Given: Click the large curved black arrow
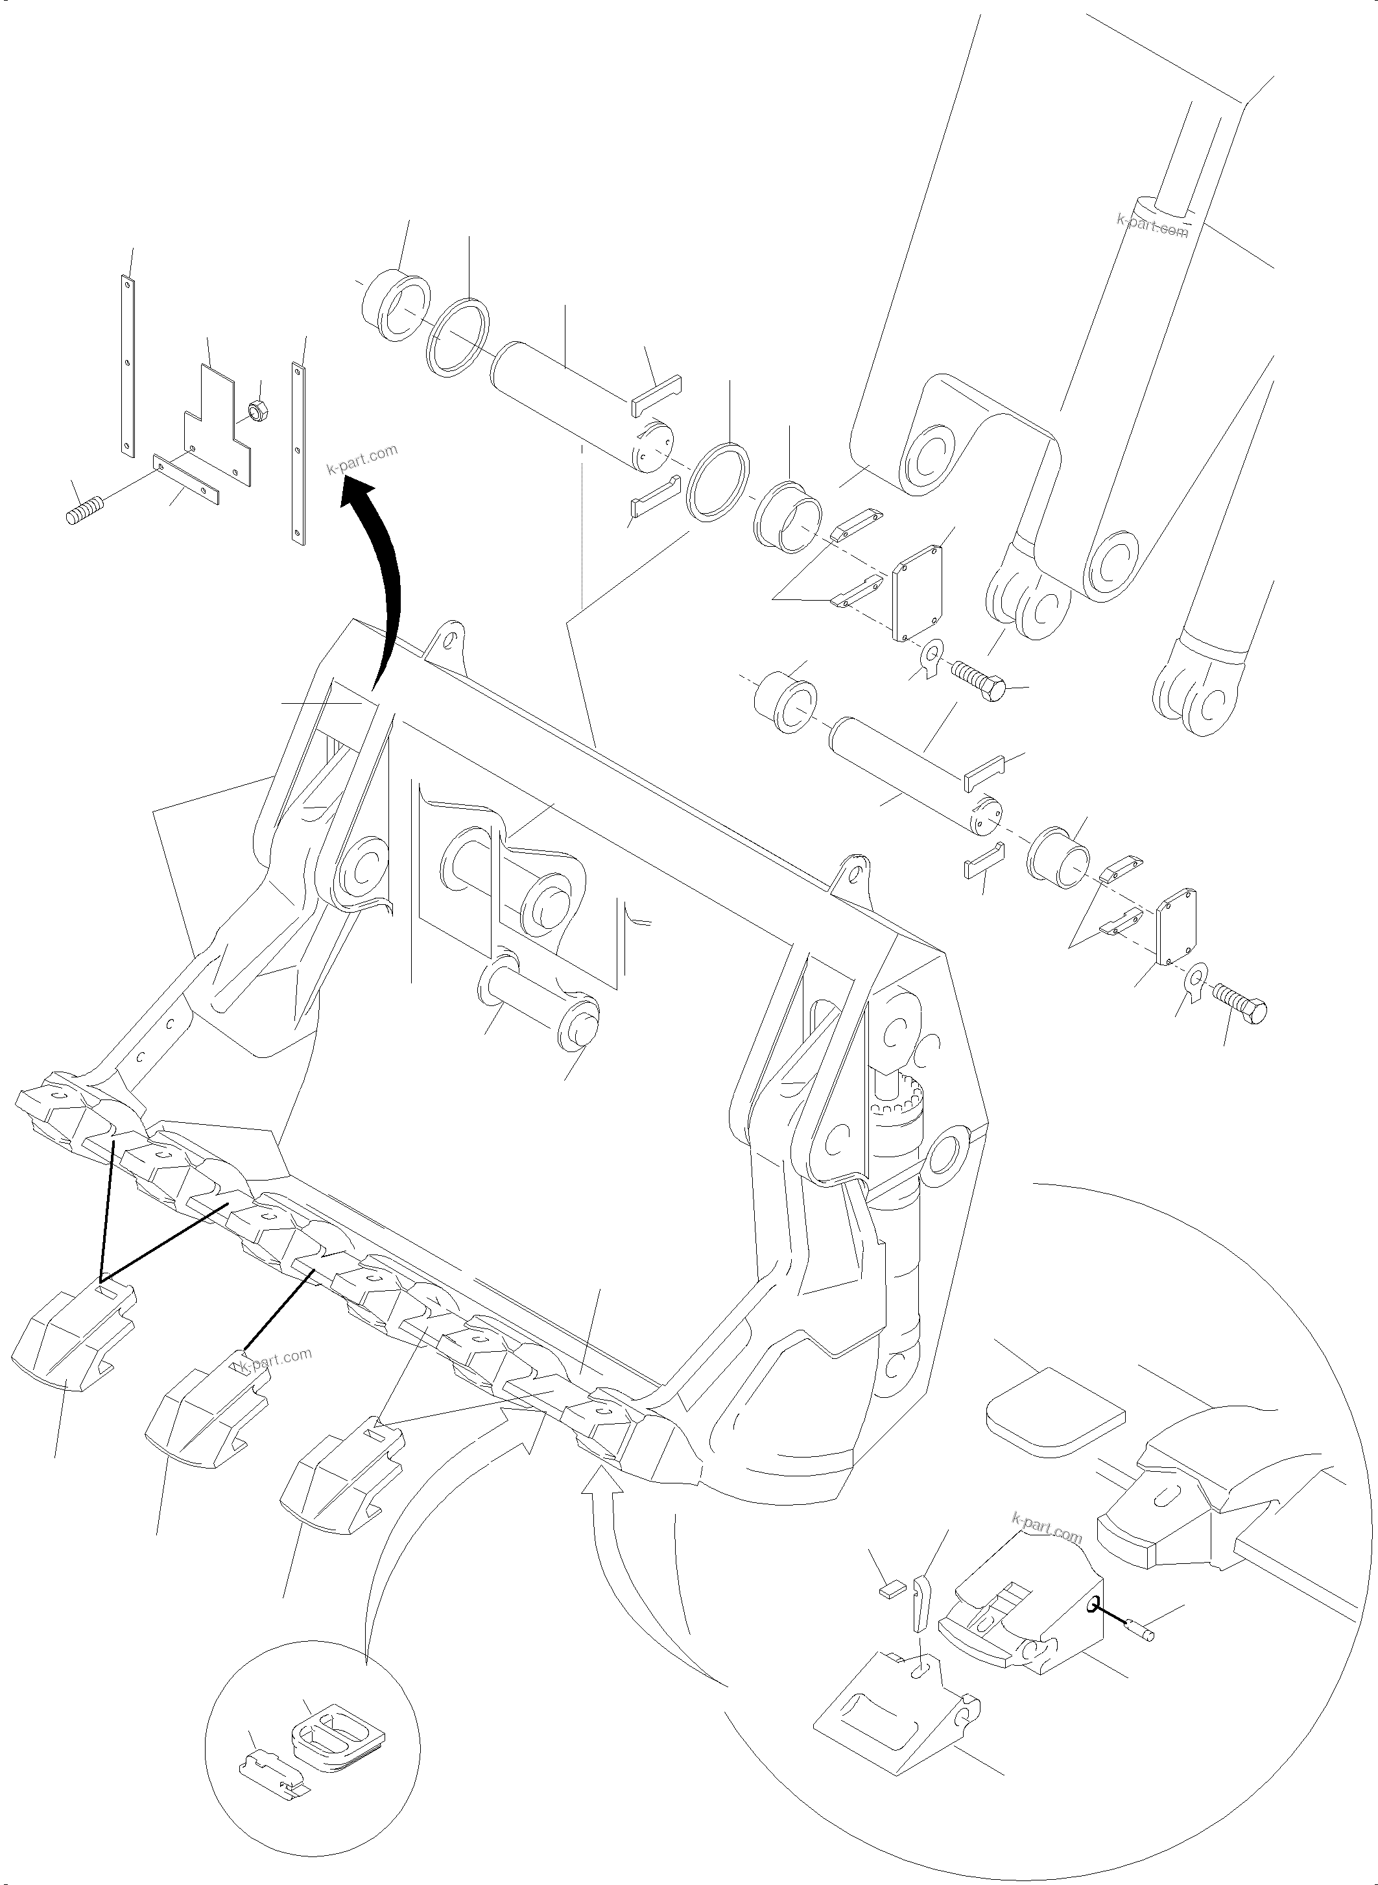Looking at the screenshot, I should (x=388, y=568).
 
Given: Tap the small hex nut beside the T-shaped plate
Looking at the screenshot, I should (x=257, y=411).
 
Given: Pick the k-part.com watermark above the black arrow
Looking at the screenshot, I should (x=362, y=459).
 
